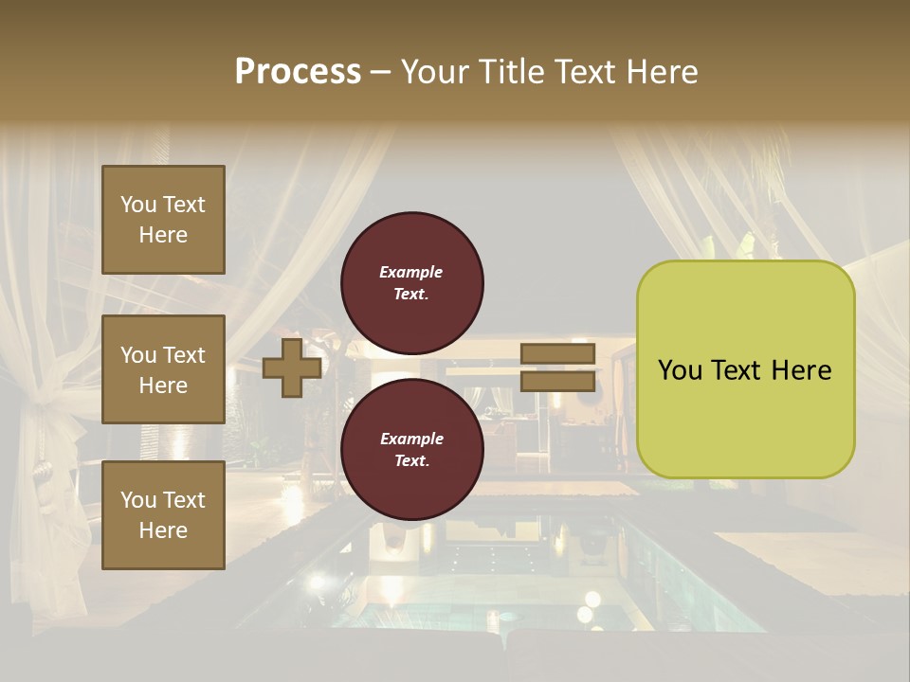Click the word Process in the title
[298, 72]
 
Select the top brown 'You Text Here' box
[163, 220]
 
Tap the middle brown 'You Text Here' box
[163, 369]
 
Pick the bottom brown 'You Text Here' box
[163, 515]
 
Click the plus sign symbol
[292, 368]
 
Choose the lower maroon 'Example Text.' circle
[411, 449]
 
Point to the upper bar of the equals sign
[557, 354]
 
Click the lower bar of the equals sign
[557, 381]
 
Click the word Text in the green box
[742, 370]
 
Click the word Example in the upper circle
[411, 272]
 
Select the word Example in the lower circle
[411, 439]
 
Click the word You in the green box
[680, 370]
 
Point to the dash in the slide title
[380, 72]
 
